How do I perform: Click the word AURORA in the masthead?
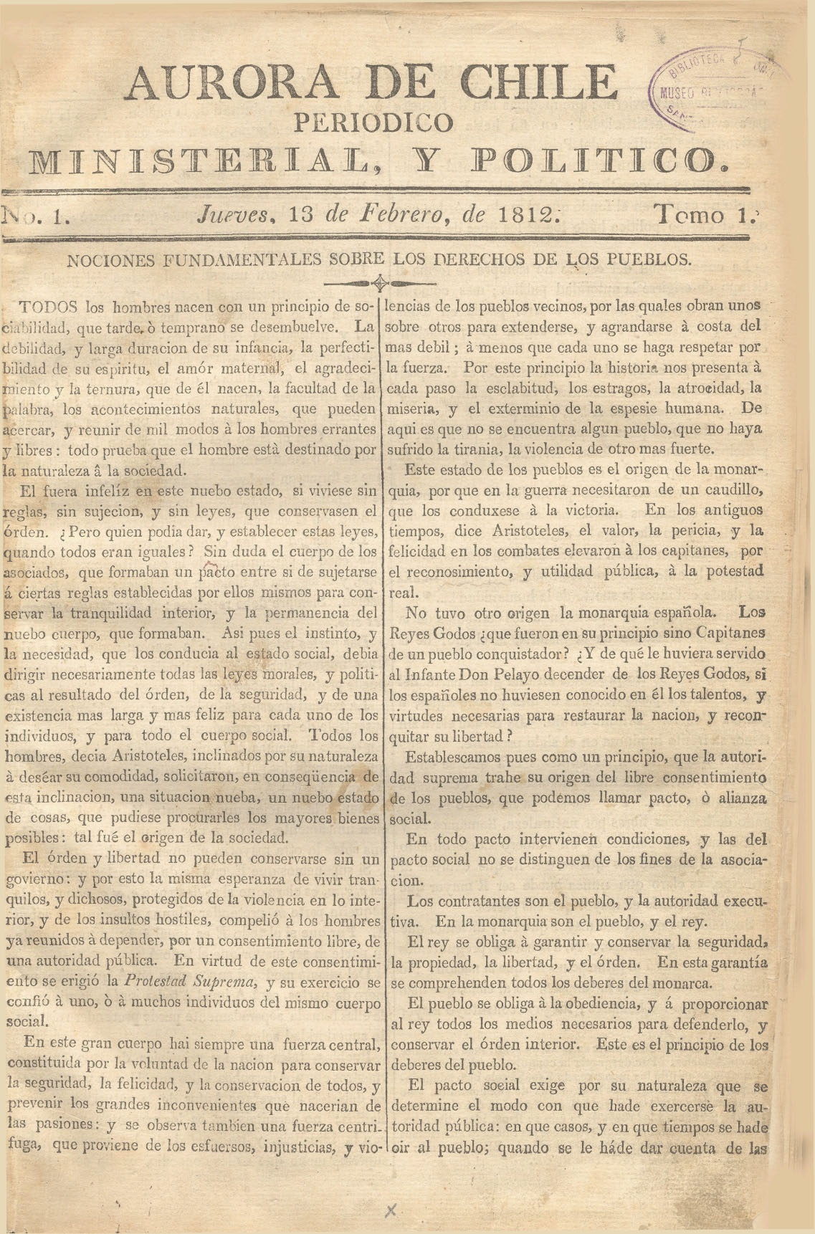(x=231, y=82)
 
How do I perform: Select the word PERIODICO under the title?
(x=374, y=122)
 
